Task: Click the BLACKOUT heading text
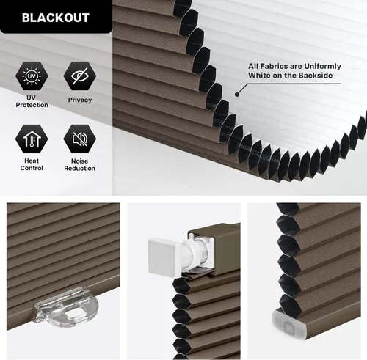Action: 56,18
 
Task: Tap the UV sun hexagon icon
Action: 32,76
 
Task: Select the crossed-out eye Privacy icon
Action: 80,76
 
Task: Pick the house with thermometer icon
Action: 32,139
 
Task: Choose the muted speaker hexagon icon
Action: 80,139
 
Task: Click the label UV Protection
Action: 32,101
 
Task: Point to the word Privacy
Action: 80,100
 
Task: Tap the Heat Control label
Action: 32,164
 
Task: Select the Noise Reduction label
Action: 80,165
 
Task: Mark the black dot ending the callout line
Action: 237,94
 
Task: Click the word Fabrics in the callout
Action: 273,67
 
